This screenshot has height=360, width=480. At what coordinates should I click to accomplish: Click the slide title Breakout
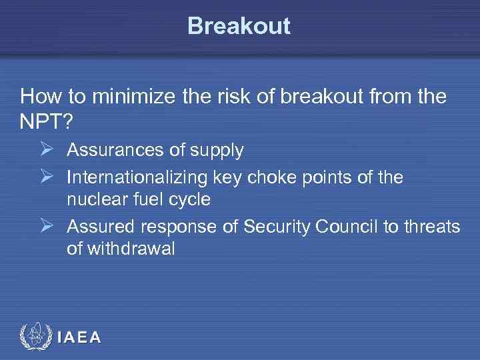tap(239, 26)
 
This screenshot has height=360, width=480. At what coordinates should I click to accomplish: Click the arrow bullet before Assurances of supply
tap(46, 150)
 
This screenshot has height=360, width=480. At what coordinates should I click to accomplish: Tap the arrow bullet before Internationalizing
tap(46, 177)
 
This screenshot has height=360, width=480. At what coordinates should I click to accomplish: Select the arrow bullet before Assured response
tap(46, 227)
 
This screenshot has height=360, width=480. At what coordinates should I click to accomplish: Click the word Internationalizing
tap(137, 177)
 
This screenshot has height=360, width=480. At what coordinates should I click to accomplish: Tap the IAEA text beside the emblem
tap(79, 337)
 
